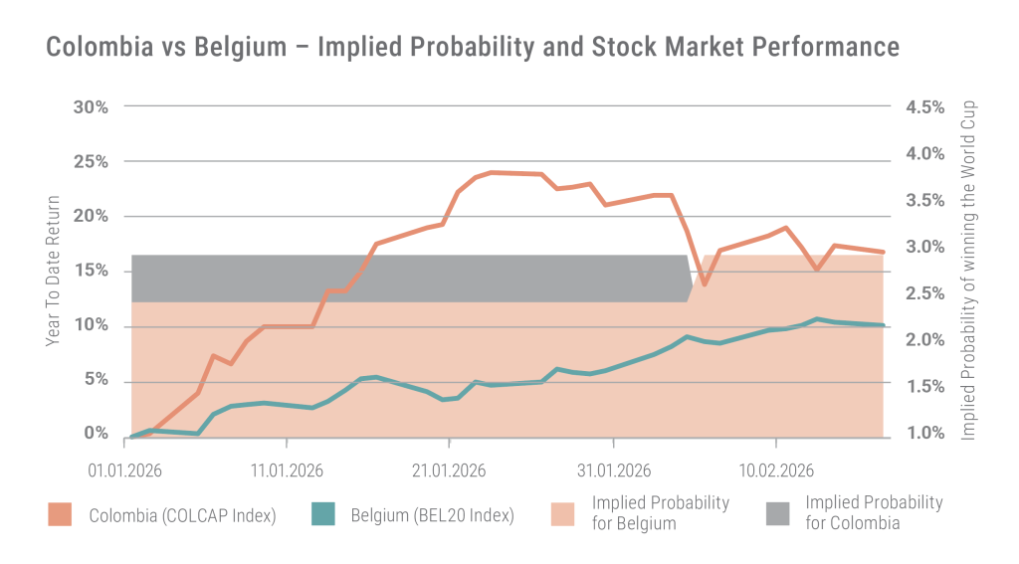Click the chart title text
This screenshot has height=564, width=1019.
tap(473, 47)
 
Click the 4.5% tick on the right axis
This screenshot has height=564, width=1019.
tap(924, 106)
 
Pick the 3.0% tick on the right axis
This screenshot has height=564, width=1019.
tap(924, 247)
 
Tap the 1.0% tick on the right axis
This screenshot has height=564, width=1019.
tap(924, 433)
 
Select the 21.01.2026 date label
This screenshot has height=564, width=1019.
tap(448, 469)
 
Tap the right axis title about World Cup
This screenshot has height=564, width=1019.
tap(968, 271)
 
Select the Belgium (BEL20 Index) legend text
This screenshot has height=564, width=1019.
tap(432, 515)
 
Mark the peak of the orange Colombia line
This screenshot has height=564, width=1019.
tap(493, 172)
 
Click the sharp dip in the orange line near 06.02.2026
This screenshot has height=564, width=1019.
tap(704, 283)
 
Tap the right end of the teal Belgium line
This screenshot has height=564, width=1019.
tap(882, 325)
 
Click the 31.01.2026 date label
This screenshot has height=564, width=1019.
tap(613, 469)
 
